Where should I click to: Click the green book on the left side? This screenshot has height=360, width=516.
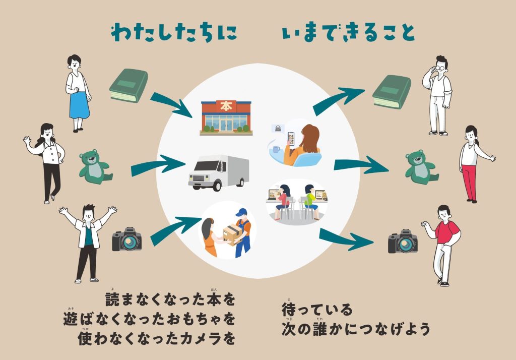coord(128,86)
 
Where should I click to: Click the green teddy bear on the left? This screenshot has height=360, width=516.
coord(94,165)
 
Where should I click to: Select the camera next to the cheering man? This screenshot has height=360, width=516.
coord(126,240)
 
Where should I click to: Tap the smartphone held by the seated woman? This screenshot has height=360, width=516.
coord(291,138)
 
